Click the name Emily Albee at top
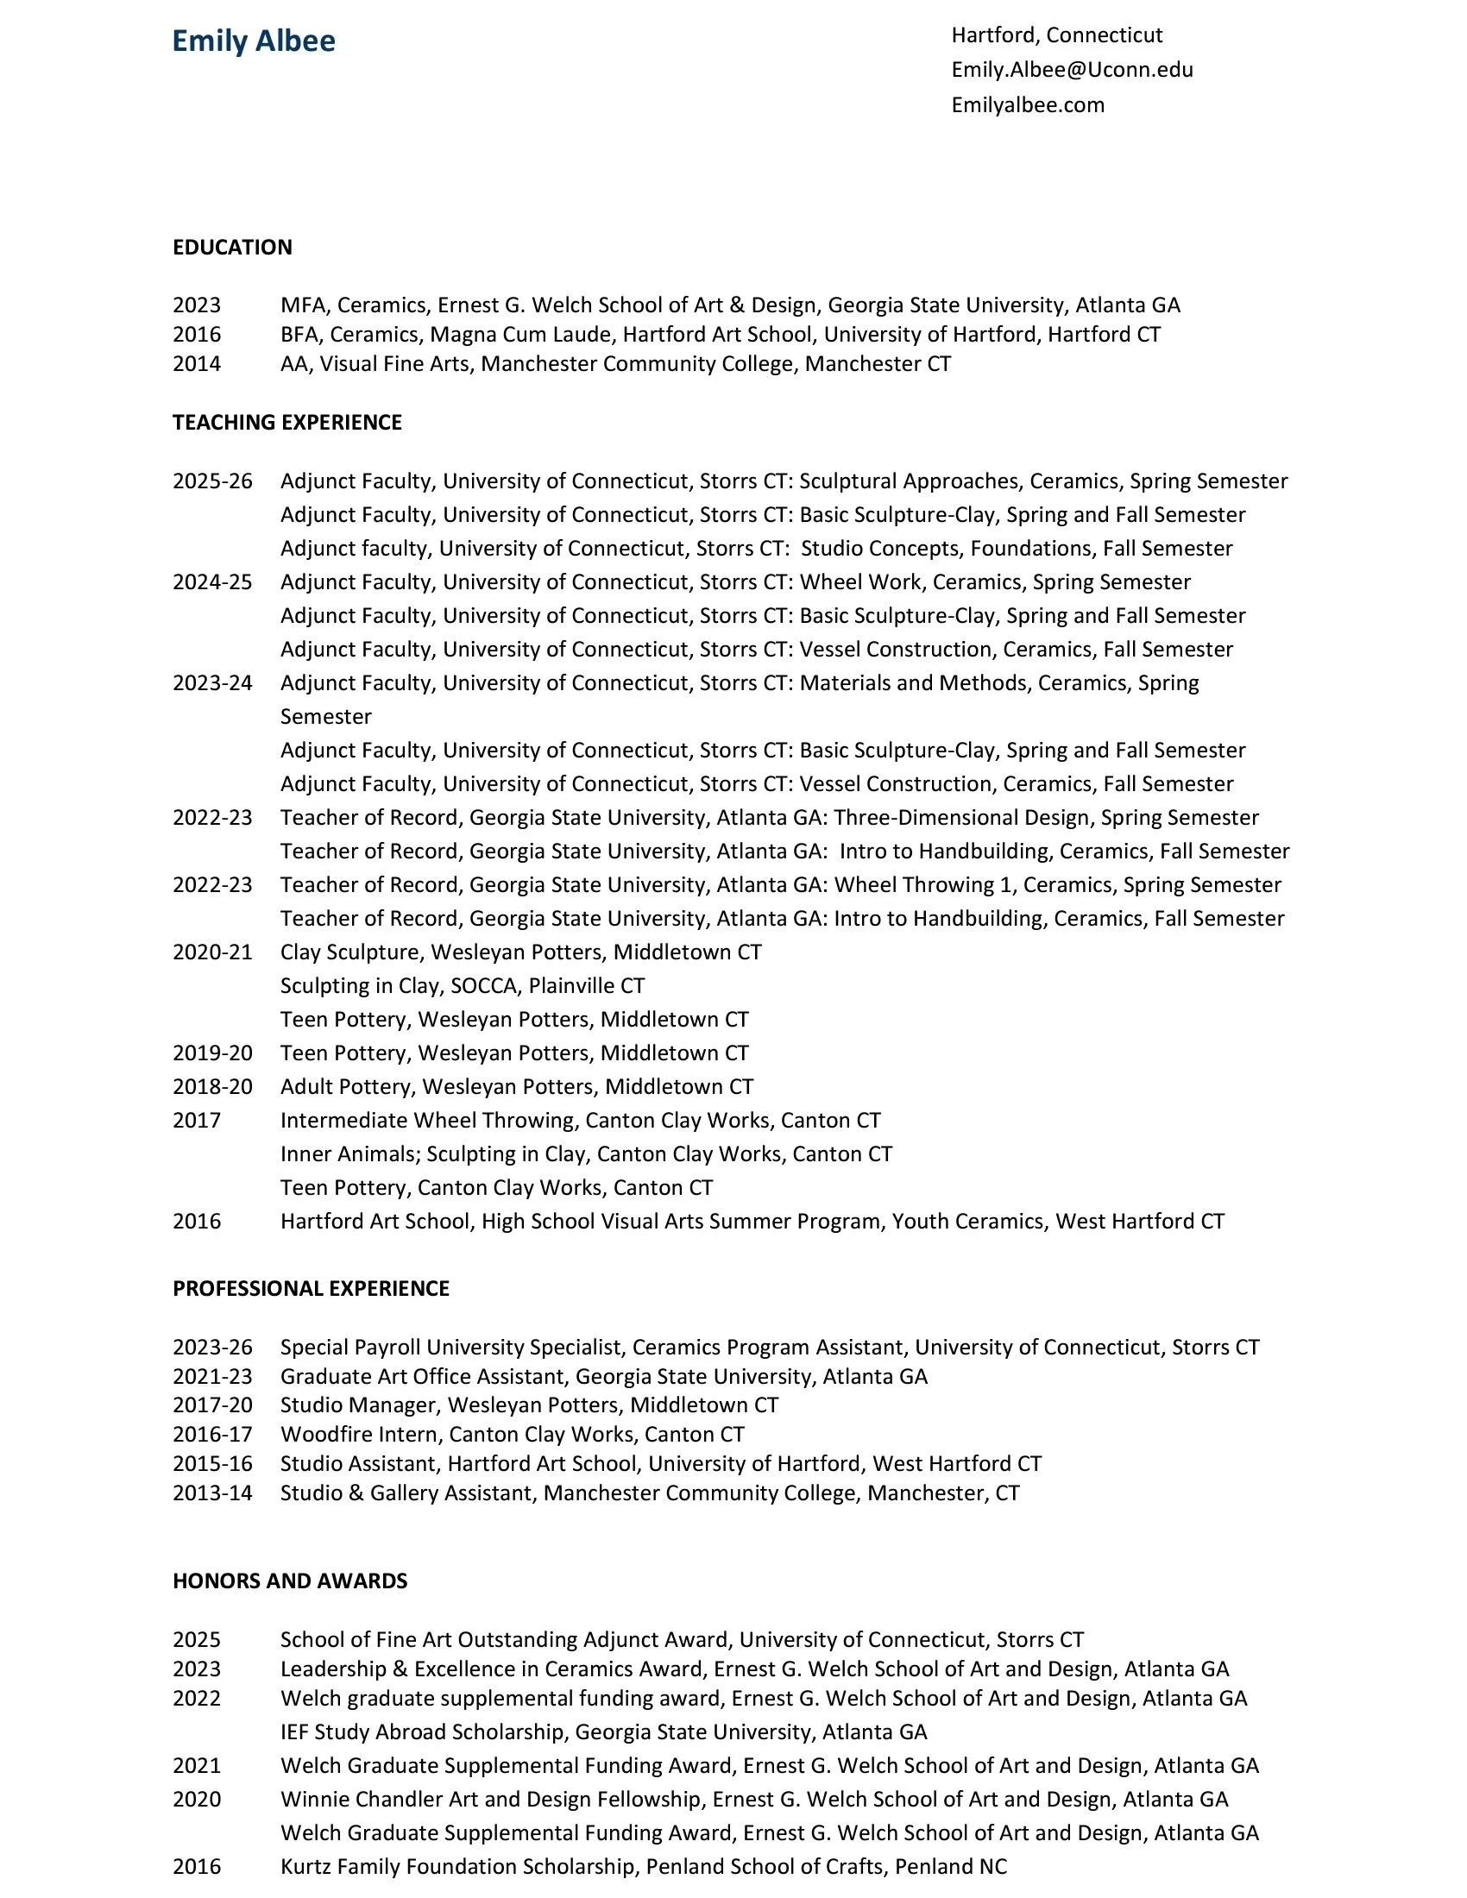coord(253,41)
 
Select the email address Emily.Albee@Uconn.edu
coord(1072,70)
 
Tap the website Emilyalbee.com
coord(1027,105)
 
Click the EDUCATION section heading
coord(232,248)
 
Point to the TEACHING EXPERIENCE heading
coord(286,423)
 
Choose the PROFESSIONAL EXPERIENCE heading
coord(311,1289)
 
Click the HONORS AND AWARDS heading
coord(289,1581)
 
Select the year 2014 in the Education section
coord(197,364)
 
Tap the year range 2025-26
coord(212,481)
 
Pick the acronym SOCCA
coord(483,986)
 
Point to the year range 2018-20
coord(212,1087)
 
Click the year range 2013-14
coord(212,1493)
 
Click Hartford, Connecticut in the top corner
coord(1056,35)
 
